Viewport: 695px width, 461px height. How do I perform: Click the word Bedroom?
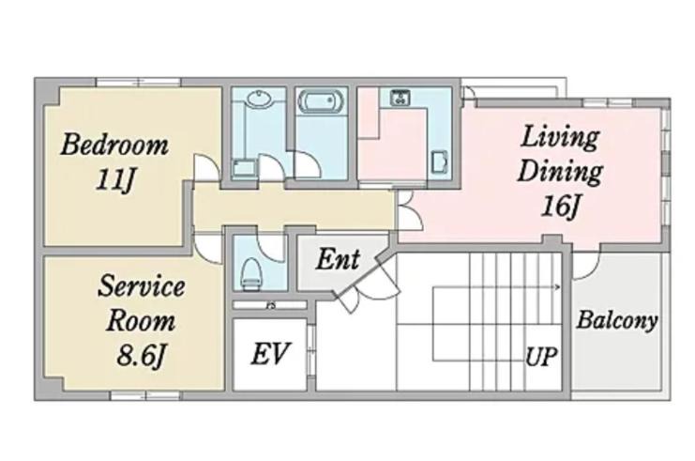coord(114,145)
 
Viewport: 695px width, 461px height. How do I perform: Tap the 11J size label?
coord(114,180)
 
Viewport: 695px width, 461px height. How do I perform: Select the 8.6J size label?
coord(141,355)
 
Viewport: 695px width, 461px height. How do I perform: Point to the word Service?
coord(141,286)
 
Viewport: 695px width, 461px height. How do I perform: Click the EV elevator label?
coord(270,354)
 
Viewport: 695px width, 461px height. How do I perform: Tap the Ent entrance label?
coord(338,259)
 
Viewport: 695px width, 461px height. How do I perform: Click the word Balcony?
coord(616,321)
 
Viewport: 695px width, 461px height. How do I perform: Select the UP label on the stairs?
coord(541,356)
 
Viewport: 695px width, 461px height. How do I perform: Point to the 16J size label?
coord(560,206)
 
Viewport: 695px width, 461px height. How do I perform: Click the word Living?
coord(560,138)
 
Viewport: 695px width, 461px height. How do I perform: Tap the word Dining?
coord(560,172)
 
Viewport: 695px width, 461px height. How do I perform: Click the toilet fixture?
coord(251,273)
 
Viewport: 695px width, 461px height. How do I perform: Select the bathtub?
coord(322,101)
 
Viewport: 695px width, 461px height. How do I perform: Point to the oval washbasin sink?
coord(259,98)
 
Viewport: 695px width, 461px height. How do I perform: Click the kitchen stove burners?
coord(400,97)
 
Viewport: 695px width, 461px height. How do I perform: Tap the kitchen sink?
coord(439,161)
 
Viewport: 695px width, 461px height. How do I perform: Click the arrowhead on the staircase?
coord(558,287)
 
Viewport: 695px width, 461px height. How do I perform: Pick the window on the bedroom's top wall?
coord(139,82)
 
